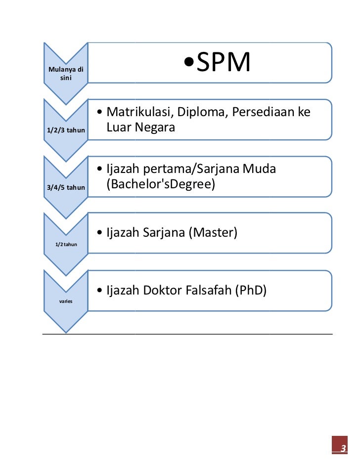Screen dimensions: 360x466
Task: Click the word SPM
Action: tap(224, 63)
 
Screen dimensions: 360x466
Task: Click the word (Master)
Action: tap(213, 232)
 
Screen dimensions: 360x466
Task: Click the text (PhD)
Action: tap(251, 290)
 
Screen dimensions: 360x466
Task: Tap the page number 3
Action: tap(340, 448)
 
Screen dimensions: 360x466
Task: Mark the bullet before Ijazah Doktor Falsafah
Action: tap(100, 291)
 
